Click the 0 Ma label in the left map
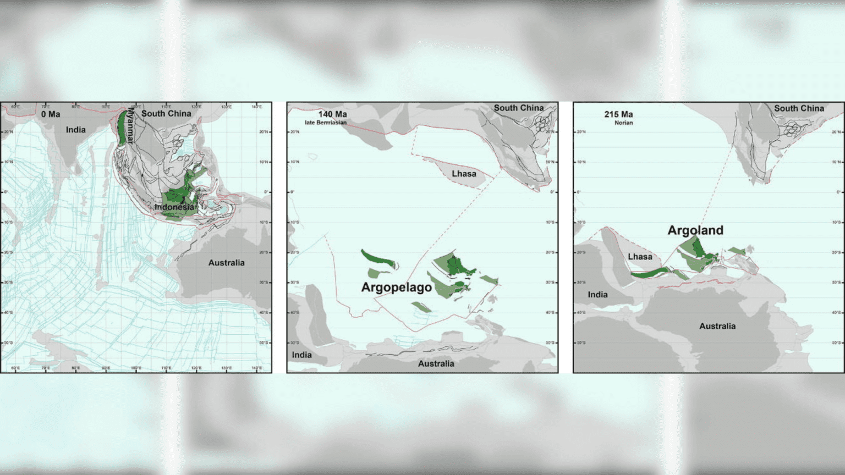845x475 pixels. click(51, 114)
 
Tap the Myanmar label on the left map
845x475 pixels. click(130, 125)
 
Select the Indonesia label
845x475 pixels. click(174, 207)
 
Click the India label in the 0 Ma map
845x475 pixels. click(76, 130)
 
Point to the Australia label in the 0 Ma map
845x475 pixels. click(226, 263)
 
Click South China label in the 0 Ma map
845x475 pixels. click(166, 113)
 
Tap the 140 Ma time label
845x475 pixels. click(332, 114)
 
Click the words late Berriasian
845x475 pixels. click(326, 123)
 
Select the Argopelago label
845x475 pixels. click(396, 287)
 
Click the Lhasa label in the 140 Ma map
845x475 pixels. click(464, 174)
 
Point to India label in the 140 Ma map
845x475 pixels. click(301, 355)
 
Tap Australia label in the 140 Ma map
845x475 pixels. click(436, 363)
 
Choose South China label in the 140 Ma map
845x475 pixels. click(518, 108)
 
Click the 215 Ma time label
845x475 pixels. click(618, 114)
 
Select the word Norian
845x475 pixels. click(623, 123)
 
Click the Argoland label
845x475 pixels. click(695, 230)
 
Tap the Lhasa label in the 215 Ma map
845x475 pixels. click(640, 257)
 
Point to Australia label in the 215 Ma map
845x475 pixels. click(717, 326)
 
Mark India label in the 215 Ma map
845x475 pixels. click(597, 295)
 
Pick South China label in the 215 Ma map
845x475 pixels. click(799, 108)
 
